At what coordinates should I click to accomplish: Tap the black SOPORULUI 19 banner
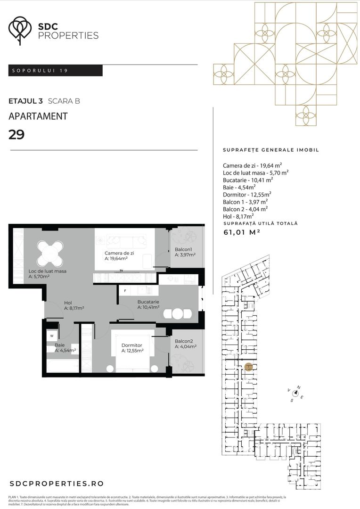tap(56, 71)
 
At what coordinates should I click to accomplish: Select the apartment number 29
tap(17, 135)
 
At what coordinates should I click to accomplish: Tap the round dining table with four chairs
tap(50, 253)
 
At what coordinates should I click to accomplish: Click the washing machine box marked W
tap(52, 337)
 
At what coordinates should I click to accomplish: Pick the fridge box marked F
tap(125, 291)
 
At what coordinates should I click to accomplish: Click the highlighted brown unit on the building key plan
tap(249, 366)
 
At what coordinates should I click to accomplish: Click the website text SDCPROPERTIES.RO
tap(57, 484)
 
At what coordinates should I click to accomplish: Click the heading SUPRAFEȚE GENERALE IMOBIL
tap(270, 150)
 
